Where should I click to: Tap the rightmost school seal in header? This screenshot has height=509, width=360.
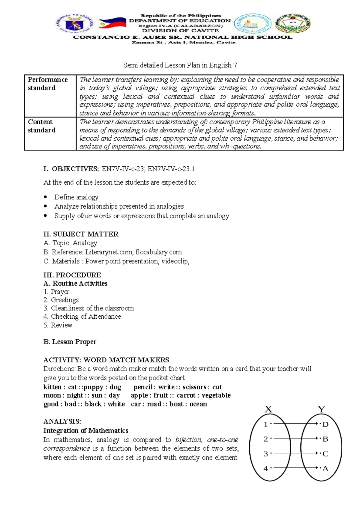[293, 23]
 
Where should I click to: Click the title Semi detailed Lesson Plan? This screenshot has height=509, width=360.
[180, 65]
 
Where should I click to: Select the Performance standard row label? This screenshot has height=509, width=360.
[48, 84]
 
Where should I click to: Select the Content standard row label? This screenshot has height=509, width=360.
[42, 126]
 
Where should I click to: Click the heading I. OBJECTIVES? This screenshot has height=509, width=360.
[71, 169]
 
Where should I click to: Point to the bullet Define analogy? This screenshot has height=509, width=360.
[76, 197]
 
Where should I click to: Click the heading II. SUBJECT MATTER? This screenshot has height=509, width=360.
[81, 234]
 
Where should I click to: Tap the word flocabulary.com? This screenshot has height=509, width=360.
[158, 252]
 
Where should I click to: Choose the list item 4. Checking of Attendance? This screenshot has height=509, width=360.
[82, 316]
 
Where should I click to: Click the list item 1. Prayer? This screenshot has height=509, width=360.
[57, 291]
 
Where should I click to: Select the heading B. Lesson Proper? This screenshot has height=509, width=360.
[70, 342]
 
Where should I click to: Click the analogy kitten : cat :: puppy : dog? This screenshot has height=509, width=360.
[82, 387]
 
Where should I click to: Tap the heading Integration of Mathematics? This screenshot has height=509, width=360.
[86, 430]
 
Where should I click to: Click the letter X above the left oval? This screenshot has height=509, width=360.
[268, 409]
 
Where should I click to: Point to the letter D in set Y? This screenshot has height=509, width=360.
[325, 424]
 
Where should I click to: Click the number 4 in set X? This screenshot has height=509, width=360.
[266, 468]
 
